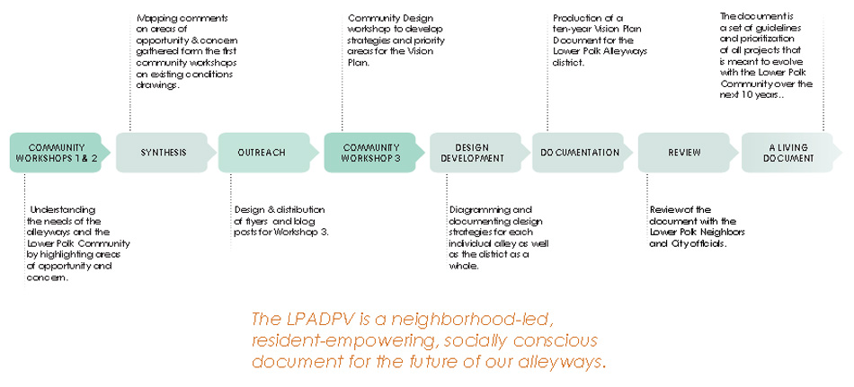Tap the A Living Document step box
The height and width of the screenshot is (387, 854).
point(792,153)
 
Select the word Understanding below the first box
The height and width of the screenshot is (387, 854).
point(63,209)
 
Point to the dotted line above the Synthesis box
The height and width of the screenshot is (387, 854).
point(129,75)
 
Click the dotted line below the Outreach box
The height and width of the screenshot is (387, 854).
point(231,211)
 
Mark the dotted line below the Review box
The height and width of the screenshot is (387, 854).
point(647,211)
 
